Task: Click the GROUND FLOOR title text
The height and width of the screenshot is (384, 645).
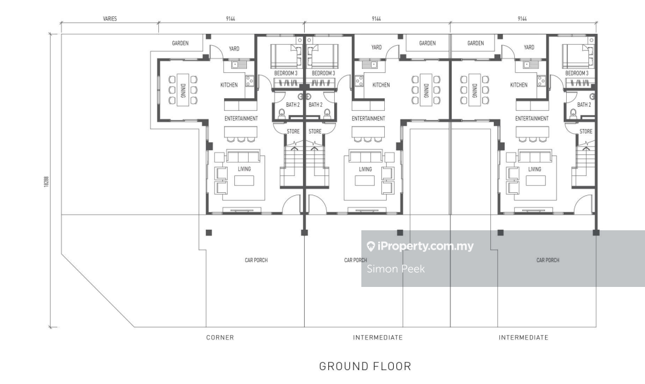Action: (x=365, y=367)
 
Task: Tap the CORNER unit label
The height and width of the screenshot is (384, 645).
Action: (x=220, y=338)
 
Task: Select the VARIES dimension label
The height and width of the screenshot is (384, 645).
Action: (x=110, y=19)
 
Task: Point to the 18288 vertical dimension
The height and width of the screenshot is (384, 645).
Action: (x=46, y=181)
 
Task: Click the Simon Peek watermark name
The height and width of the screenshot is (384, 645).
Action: (x=396, y=269)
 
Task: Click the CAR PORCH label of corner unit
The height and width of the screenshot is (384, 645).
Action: (x=257, y=260)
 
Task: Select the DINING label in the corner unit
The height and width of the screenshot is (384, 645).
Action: (x=183, y=90)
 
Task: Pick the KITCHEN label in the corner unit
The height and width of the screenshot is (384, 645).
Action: (x=229, y=85)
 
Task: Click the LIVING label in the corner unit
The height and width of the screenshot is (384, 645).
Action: (x=245, y=169)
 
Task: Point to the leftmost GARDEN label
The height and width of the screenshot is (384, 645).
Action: (x=180, y=43)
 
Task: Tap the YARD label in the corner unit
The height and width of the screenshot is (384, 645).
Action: (x=234, y=49)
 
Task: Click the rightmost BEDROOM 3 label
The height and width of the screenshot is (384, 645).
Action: (x=577, y=74)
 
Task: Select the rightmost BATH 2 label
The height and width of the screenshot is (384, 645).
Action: (x=584, y=104)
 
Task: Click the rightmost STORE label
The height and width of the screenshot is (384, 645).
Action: (x=586, y=131)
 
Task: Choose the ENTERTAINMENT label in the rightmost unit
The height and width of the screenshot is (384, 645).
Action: (x=532, y=119)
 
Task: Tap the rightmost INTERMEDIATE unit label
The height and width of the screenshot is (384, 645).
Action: (x=524, y=338)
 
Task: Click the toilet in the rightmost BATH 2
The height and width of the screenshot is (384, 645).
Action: (x=573, y=112)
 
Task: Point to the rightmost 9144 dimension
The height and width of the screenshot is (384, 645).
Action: (x=522, y=19)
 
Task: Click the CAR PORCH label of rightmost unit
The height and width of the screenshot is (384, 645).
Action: (x=548, y=260)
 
